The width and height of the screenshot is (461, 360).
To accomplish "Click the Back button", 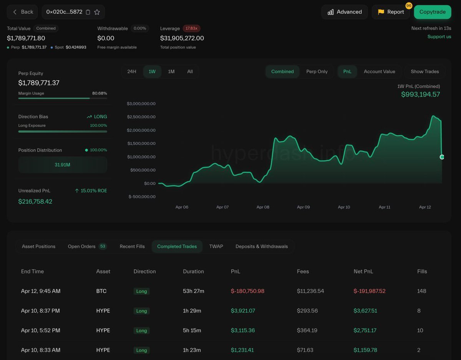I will coord(22,12).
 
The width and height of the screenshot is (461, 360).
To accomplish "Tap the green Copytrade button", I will coord(433,12).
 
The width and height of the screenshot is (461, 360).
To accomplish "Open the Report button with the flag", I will coord(391,12).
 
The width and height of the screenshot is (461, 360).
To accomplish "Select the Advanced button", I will coord(345,12).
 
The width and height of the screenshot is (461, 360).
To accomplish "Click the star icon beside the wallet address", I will coord(97,12).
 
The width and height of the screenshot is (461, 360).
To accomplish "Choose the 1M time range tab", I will coord(171,71).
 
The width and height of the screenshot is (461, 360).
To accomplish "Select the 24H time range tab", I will coord(132,71).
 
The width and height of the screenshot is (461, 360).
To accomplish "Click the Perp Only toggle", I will coord(317,71).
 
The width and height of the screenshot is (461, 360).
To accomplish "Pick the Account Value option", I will coord(379,71).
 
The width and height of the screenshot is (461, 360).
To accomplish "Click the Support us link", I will coord(439,36).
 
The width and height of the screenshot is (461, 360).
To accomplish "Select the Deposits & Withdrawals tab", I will coord(262,246).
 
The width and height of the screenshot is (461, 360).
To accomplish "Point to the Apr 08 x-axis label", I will coord(263,207).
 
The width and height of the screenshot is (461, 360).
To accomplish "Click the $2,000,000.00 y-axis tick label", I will coord(141,130).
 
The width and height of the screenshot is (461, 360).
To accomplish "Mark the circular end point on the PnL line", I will coord(442,157).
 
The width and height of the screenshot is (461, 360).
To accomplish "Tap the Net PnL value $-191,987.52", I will coord(369,291).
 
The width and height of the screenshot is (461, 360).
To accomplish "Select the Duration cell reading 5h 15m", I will coord(192,330).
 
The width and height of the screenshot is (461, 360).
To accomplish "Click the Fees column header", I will coord(303,271).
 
